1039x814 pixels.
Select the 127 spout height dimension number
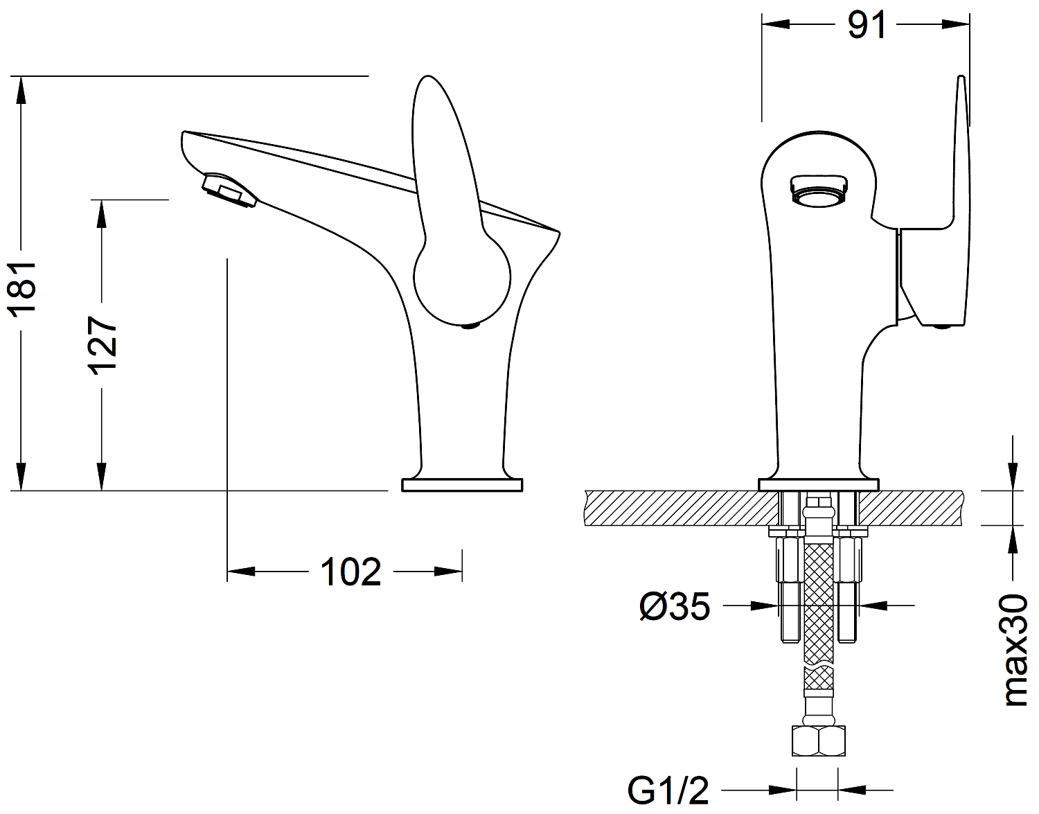(x=103, y=346)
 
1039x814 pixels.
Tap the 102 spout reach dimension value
(x=350, y=572)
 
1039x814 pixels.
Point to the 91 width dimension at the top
(x=867, y=26)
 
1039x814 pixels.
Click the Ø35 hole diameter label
(x=675, y=607)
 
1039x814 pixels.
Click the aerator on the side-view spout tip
(x=229, y=191)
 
